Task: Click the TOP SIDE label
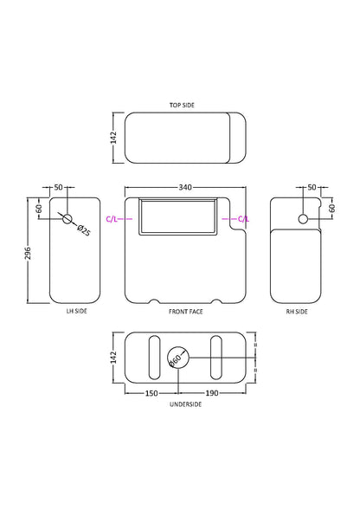[x=182, y=105]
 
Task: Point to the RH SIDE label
[x=296, y=311]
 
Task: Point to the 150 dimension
[x=151, y=393]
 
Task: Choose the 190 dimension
[x=213, y=393]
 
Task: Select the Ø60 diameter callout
[x=176, y=358]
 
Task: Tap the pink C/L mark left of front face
[x=112, y=219]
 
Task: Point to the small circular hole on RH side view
[x=303, y=219]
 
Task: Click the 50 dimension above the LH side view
[x=59, y=186]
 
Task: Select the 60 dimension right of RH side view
[x=331, y=209]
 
